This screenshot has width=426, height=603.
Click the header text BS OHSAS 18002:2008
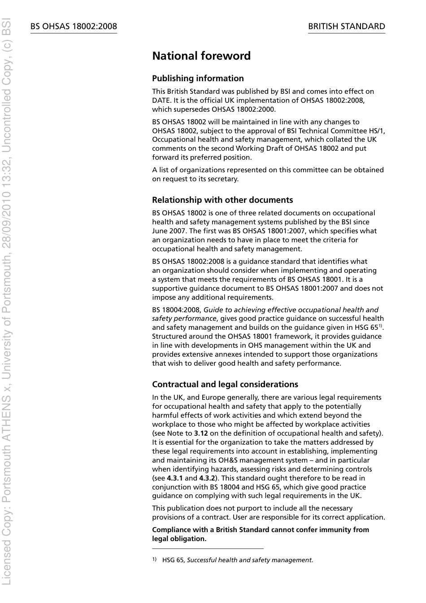[x=74, y=26]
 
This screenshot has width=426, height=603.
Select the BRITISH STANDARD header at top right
[x=346, y=26]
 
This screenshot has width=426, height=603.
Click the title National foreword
[x=201, y=56]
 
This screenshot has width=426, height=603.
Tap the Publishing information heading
[x=198, y=79]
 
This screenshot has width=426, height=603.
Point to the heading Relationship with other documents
[x=222, y=200]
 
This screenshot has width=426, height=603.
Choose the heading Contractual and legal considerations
[x=225, y=385]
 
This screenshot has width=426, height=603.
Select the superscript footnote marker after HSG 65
[x=381, y=326]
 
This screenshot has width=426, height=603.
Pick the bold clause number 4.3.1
[x=175, y=478]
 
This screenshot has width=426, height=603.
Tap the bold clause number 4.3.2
[x=207, y=478]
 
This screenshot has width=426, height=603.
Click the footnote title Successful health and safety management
[x=249, y=560]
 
